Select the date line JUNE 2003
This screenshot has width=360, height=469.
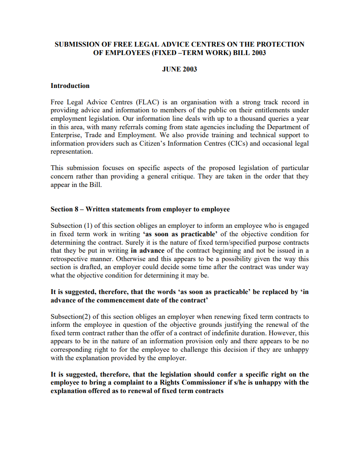pyautogui.click(x=179, y=69)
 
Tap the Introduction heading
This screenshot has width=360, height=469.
pyautogui.click(x=70, y=86)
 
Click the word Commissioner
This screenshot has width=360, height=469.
pyautogui.click(x=200, y=383)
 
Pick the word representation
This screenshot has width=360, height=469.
pyautogui.click(x=72, y=151)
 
